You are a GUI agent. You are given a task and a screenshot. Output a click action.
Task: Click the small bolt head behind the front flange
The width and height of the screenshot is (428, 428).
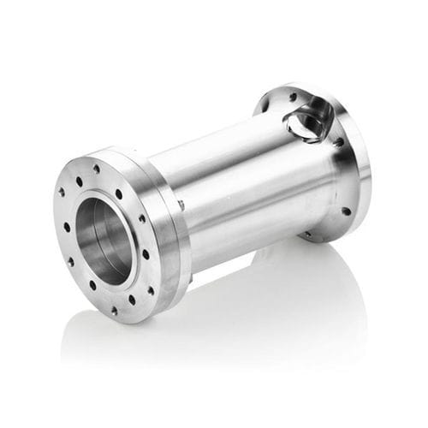[x=181, y=205]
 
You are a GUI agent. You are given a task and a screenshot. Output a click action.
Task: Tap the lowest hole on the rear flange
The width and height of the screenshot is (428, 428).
[x=306, y=233]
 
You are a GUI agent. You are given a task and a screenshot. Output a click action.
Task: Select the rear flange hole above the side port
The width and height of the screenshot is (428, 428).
[x=294, y=97]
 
